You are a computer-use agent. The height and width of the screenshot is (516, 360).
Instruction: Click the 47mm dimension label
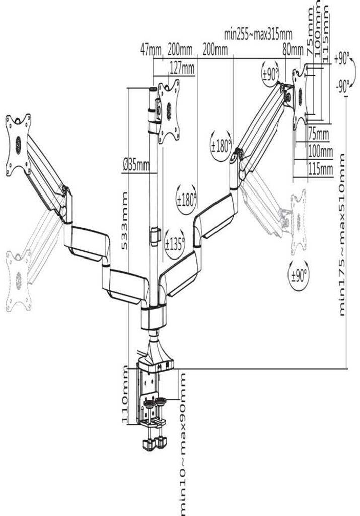point(151,50)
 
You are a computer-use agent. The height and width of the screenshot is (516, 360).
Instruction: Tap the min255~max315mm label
point(258,34)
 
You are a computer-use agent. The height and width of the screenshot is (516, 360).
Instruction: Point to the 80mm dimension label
point(293,50)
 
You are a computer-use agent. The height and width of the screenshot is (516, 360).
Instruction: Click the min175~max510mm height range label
point(343,235)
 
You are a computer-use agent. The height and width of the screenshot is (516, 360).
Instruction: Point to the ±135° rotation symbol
point(174,244)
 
